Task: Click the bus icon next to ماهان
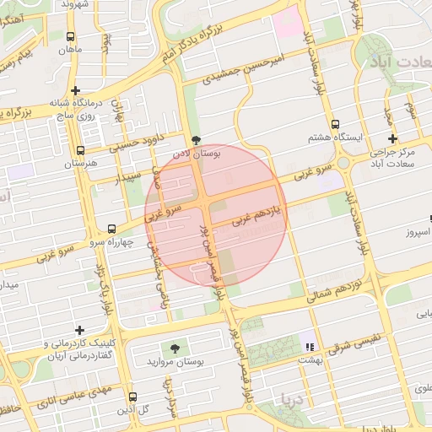tap(70, 36)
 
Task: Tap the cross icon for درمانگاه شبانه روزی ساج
tap(76, 90)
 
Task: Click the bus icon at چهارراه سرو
tap(111, 229)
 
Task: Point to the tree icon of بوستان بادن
tap(197, 140)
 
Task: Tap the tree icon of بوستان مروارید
tap(175, 348)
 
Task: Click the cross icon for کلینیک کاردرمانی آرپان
tap(80, 330)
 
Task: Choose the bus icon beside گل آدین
tap(132, 396)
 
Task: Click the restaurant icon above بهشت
tap(310, 346)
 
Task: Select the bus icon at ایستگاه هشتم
tap(337, 123)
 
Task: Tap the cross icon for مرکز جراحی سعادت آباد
tap(392, 139)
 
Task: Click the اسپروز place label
tap(416, 231)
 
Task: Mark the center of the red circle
tap(216, 215)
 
